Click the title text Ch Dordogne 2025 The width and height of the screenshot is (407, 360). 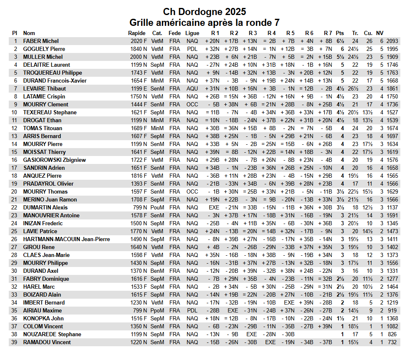pos(204,11)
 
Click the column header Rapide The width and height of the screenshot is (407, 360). pos(137,33)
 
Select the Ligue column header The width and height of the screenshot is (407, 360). pos(192,33)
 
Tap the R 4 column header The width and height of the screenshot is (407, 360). pos(271,33)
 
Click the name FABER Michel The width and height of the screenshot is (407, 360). pos(41,41)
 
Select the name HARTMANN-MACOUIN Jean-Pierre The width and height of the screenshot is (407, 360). pos(66,239)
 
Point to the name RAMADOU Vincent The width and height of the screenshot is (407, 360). pos(47,342)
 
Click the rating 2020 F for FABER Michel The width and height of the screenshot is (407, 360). pos(139,41)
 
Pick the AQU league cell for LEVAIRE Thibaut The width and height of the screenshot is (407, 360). pos(192,88)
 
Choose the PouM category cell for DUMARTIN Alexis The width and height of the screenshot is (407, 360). pos(157,207)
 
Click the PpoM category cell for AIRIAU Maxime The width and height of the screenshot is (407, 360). pos(157,310)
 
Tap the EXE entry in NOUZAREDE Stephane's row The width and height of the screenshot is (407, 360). pos(252,334)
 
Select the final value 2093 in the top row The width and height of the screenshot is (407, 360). pos(392,41)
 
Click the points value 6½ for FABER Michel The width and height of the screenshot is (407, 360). pos(340,41)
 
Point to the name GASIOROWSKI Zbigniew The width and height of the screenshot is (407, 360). pos(54,160)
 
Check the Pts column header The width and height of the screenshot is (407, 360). pos(340,33)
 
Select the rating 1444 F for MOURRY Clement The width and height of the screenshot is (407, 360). pos(139,104)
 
